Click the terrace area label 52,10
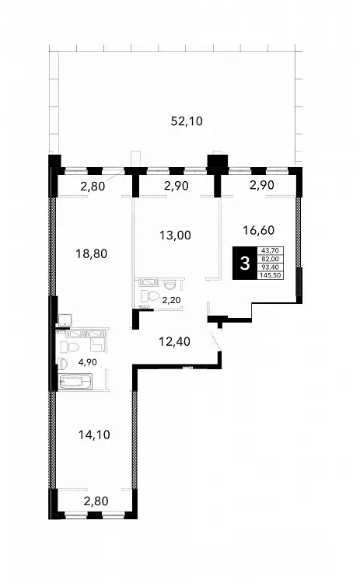pos(187,121)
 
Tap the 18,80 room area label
pos(91,254)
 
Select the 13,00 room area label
pos(175,236)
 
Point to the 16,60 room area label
pos(258,231)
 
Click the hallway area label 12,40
pos(174,341)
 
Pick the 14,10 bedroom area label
pos(94,435)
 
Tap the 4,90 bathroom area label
pos(87,362)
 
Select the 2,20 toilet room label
pos(171,298)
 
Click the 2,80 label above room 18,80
pos(93,186)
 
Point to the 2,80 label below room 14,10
pos(96,501)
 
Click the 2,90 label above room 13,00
pos(177,186)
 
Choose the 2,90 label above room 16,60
pos(262,185)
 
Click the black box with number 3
pos(245,264)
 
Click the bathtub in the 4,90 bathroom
pos(76,381)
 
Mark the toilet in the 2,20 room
pos(149,296)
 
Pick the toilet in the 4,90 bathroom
pos(70,347)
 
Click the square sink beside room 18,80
pos(65,320)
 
